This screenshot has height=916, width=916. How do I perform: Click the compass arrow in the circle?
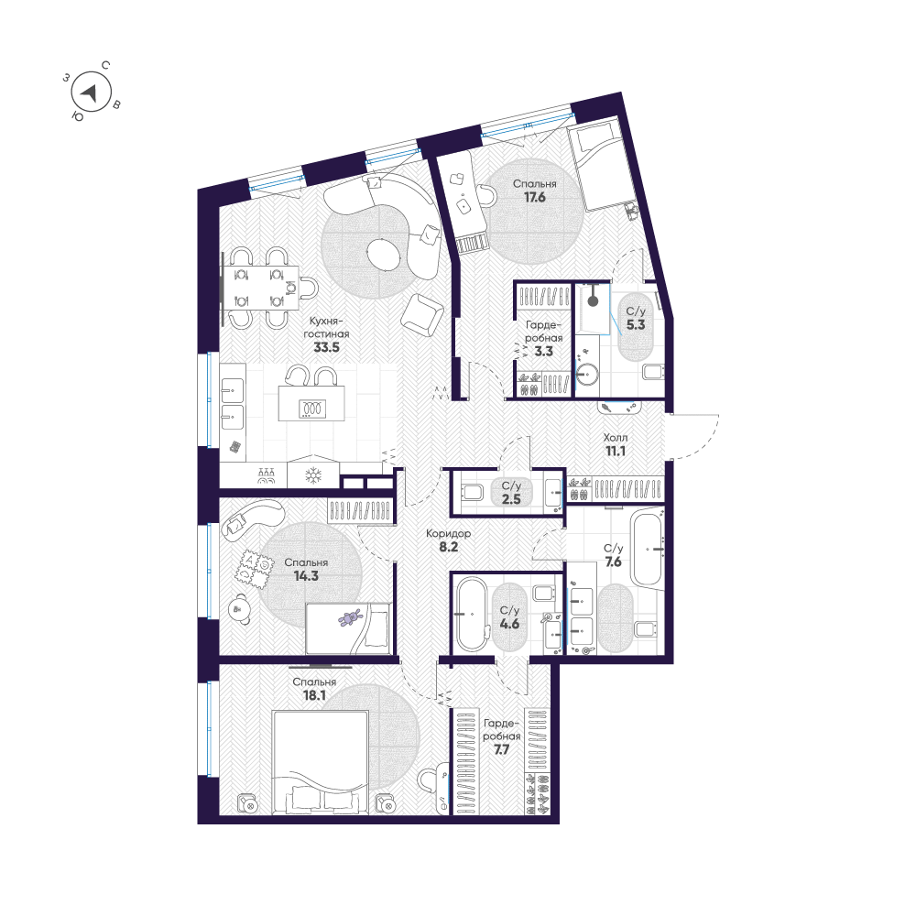(x=90, y=93)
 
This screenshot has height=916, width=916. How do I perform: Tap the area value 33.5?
(x=327, y=347)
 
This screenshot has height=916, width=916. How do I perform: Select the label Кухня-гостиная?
(x=327, y=328)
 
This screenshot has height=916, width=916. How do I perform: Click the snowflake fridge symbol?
(x=313, y=474)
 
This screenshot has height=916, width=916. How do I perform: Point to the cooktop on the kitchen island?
(x=312, y=409)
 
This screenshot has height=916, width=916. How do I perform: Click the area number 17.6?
(x=535, y=198)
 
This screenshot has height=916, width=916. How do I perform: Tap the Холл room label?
(x=616, y=437)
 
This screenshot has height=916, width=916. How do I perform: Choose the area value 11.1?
(x=616, y=451)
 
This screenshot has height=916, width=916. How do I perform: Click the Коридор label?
(x=448, y=533)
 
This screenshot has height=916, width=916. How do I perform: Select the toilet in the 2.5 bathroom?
(x=472, y=492)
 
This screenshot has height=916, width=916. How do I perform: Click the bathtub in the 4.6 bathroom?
(x=472, y=614)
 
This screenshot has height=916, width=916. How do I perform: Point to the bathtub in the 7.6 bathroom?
(x=647, y=548)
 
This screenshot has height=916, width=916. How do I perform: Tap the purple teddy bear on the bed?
(x=349, y=617)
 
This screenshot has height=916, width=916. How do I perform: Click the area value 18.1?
(x=314, y=696)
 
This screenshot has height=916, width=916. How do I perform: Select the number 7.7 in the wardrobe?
(x=501, y=749)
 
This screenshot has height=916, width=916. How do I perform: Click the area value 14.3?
(x=306, y=576)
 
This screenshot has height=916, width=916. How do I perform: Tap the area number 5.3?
(x=636, y=325)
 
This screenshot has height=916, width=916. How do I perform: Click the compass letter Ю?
(x=77, y=115)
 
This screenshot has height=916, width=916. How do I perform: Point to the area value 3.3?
(x=543, y=352)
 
